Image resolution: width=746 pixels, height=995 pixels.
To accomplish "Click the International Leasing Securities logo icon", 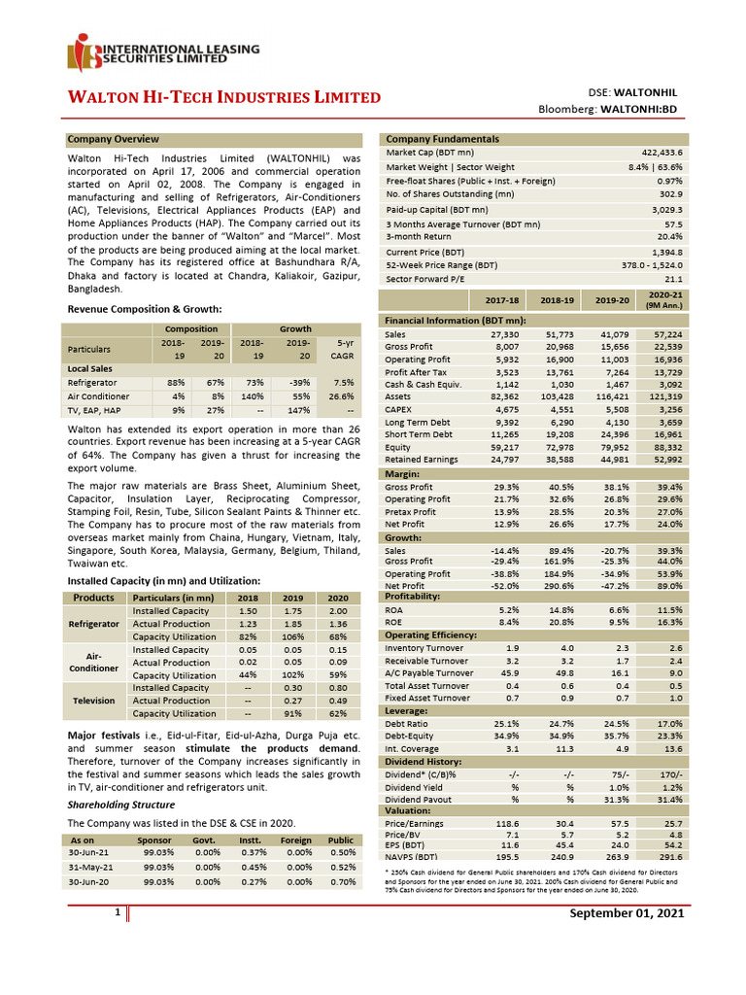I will click(83, 56).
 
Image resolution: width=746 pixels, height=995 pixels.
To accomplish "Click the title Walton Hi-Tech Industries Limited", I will click(222, 97).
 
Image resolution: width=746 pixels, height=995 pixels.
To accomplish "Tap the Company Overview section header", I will click(113, 140).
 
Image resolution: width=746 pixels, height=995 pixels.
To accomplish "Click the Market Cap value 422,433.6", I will click(661, 154).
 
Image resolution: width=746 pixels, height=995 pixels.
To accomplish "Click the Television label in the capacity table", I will click(94, 700).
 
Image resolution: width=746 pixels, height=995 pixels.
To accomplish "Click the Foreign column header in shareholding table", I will click(296, 839).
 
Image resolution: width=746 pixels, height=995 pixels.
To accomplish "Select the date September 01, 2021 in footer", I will click(627, 914).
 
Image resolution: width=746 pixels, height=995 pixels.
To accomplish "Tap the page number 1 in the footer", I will click(117, 913).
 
